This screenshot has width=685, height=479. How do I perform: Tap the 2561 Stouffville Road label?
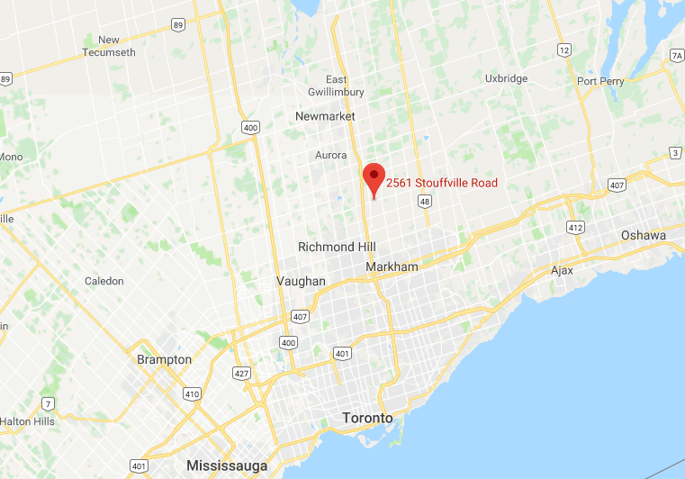click(442, 184)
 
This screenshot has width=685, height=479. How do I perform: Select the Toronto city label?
click(368, 419)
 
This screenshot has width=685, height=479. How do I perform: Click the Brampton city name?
click(164, 359)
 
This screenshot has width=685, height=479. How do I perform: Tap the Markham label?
click(392, 267)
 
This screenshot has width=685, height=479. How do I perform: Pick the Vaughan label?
click(301, 281)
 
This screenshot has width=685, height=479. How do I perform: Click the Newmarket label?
click(326, 116)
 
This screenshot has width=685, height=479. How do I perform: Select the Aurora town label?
click(330, 155)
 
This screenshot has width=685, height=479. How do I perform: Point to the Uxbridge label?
click(506, 78)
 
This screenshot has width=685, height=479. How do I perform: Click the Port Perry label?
click(600, 81)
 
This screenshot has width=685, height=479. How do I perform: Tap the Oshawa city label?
click(644, 236)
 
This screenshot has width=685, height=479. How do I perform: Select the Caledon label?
click(104, 281)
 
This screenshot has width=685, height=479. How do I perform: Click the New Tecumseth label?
click(109, 46)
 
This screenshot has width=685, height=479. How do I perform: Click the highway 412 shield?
click(573, 228)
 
